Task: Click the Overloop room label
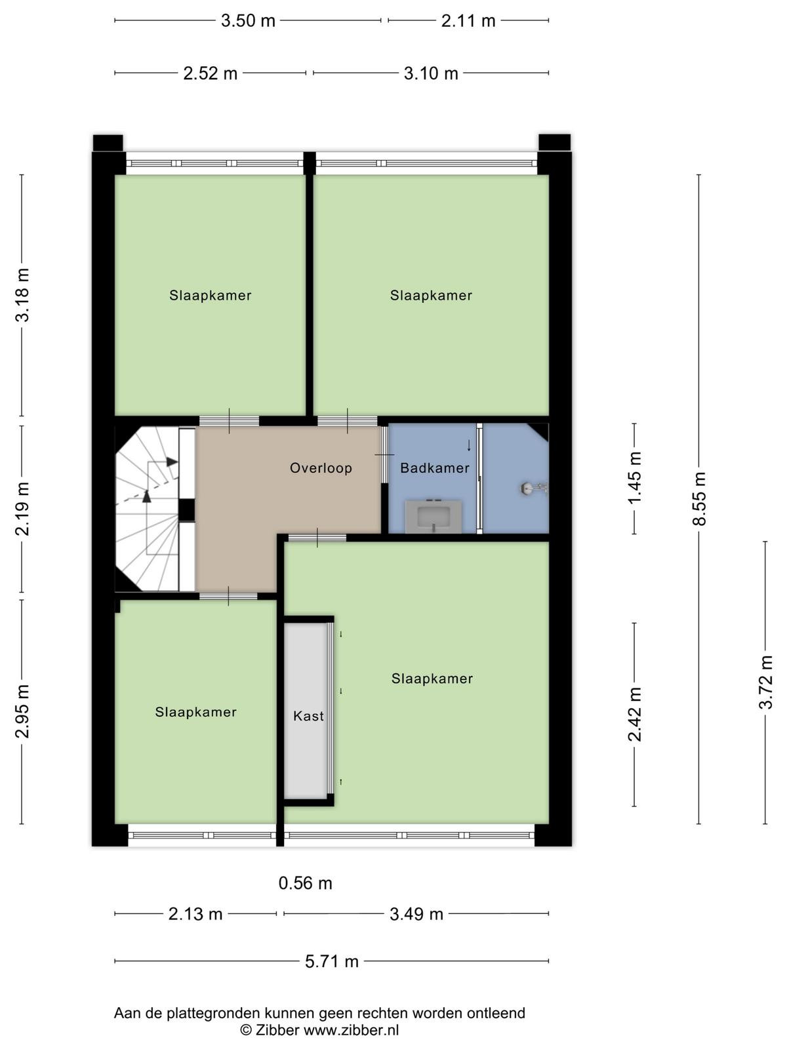tap(321, 467)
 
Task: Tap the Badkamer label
tap(435, 468)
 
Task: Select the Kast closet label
tap(308, 716)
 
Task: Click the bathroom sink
tap(434, 516)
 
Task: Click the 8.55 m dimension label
tap(699, 498)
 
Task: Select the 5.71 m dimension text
tap(332, 960)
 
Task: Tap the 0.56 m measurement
tap(306, 882)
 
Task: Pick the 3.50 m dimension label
tap(248, 20)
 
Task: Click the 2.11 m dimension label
tap(468, 20)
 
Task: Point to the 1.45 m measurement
tap(635, 478)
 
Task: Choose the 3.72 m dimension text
tap(765, 682)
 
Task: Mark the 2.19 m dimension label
tap(22, 509)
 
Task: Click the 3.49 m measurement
tap(416, 914)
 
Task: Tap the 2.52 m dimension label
tap(211, 73)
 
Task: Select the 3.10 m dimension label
tap(431, 73)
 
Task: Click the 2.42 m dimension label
tap(635, 715)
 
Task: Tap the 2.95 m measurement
tap(22, 711)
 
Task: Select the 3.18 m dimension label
tap(22, 295)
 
